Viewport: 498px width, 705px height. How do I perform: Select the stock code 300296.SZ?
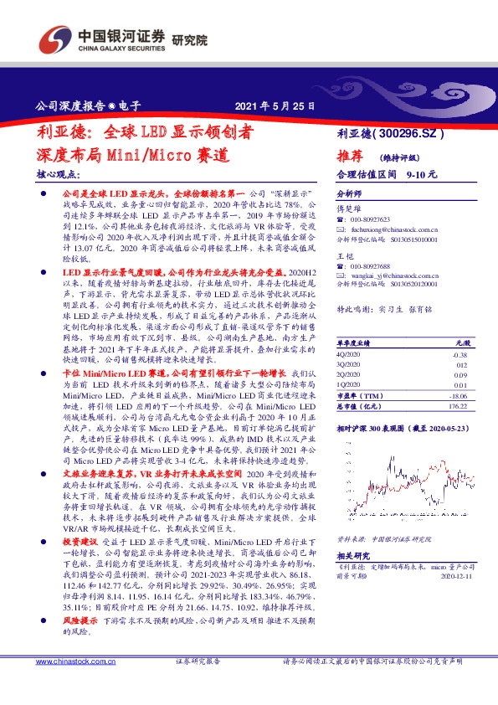click(x=414, y=133)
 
